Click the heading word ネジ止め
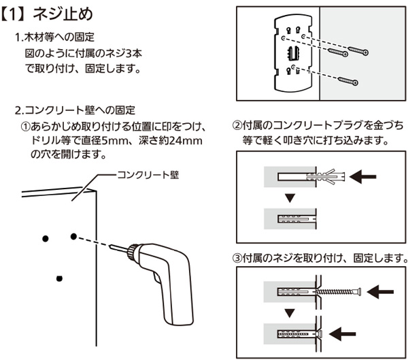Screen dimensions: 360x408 point(61,13)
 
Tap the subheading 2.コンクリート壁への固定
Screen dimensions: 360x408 point(79,110)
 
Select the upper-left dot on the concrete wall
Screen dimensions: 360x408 point(45,238)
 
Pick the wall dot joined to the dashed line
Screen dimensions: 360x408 point(73,237)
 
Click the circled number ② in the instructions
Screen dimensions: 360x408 point(237,126)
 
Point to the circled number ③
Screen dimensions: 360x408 point(237,259)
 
